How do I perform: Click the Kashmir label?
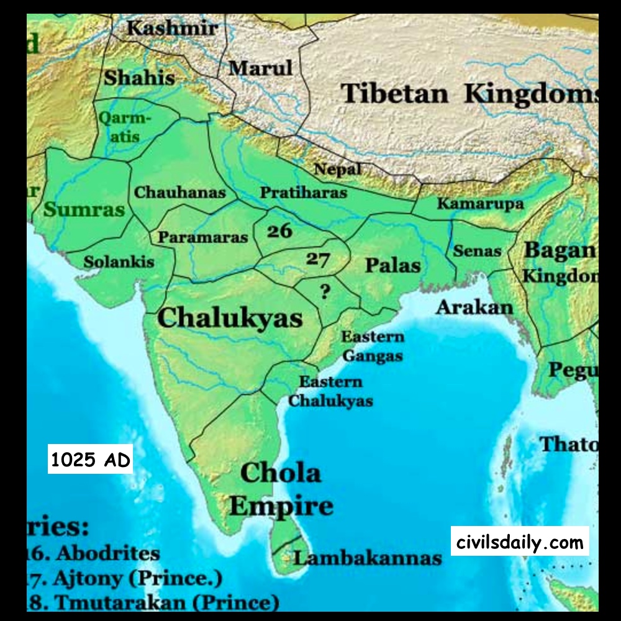[x=172, y=28]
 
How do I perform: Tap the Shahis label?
[x=139, y=78]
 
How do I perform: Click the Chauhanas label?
[x=180, y=193]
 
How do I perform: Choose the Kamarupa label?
[x=480, y=204]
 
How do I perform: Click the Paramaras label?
[x=202, y=237]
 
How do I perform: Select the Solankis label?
[x=119, y=261]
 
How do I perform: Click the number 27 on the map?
[x=317, y=259]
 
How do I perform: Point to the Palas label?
[x=392, y=266]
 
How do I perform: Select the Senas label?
[x=477, y=252]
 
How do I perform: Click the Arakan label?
[x=474, y=307]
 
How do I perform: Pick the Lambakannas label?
[x=368, y=558]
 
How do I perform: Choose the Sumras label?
[x=84, y=209]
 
